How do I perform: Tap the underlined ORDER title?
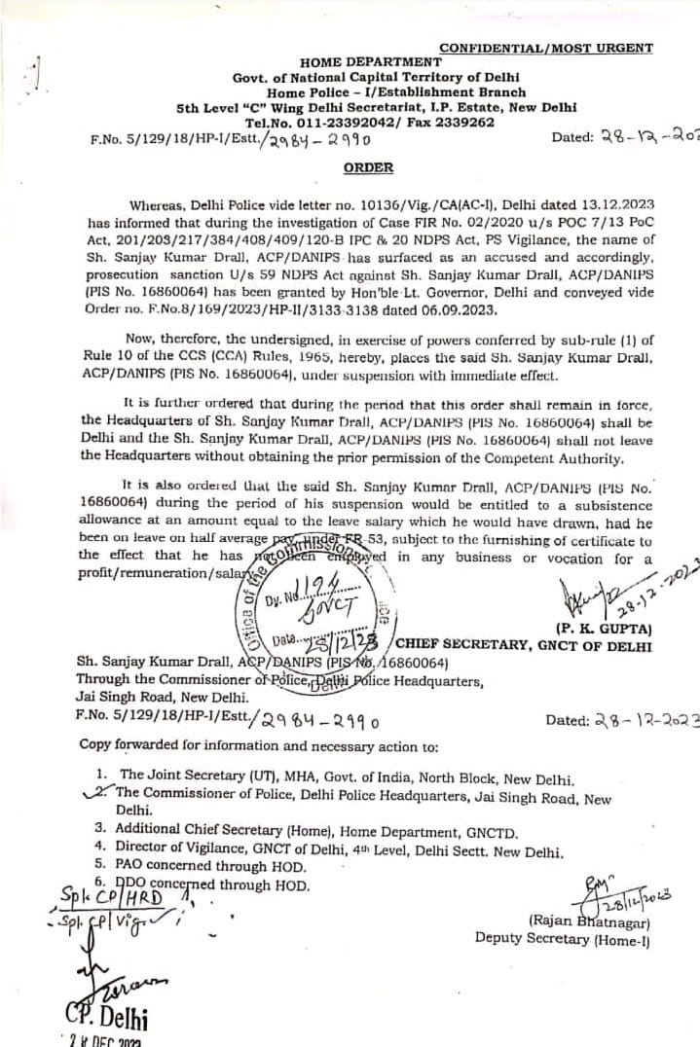click(368, 167)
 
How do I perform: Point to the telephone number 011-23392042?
click(357, 123)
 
